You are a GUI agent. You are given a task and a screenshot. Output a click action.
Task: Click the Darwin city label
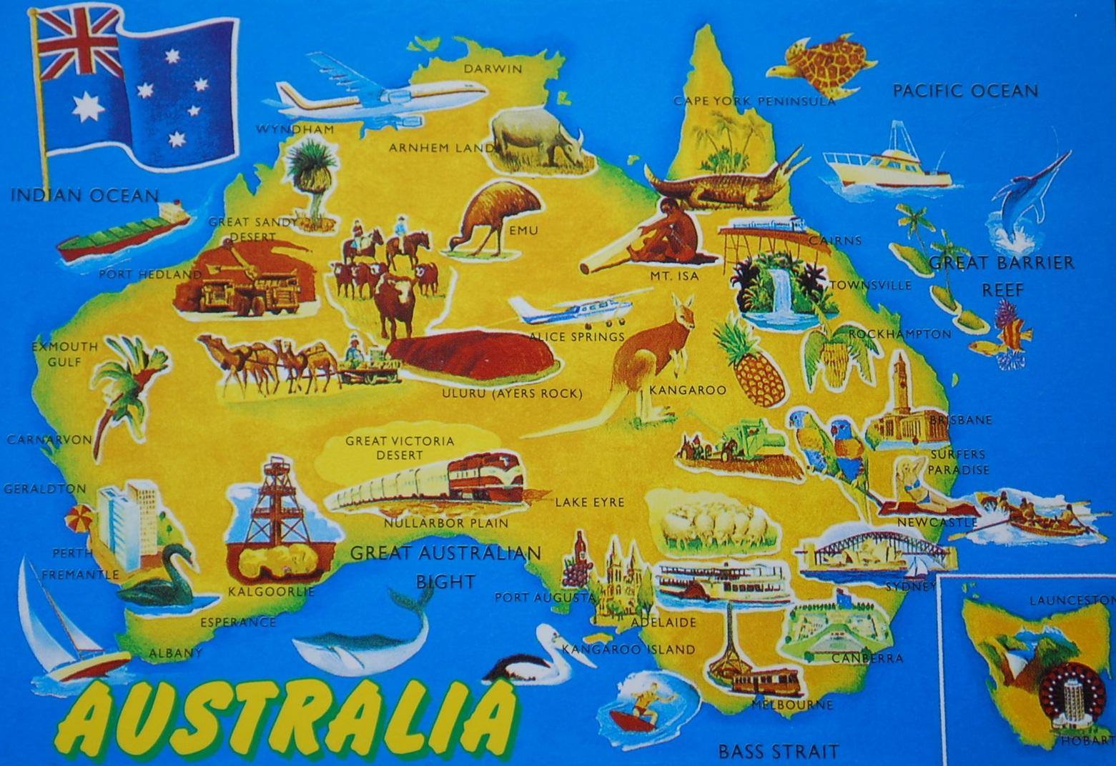click(x=493, y=69)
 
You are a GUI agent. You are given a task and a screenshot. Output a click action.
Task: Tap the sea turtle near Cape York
click(x=822, y=68)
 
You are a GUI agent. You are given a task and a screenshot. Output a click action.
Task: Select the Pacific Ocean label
click(x=964, y=91)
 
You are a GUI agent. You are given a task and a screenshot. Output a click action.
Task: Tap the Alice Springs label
click(x=576, y=337)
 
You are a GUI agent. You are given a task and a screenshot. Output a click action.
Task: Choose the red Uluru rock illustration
click(x=472, y=357)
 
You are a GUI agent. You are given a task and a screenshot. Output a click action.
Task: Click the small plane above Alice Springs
click(x=572, y=308)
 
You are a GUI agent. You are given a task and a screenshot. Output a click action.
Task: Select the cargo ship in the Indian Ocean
click(x=122, y=232)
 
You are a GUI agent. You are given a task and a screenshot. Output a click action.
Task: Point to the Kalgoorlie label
click(x=271, y=592)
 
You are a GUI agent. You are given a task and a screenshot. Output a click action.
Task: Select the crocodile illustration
click(x=722, y=182)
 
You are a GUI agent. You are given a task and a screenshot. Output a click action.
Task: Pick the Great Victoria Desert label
click(x=400, y=447)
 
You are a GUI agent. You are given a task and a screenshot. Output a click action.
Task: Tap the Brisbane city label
click(x=961, y=420)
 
